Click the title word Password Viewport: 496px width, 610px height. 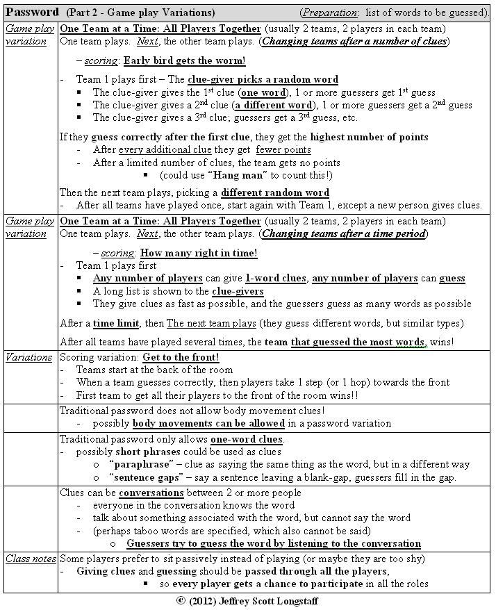click(x=33, y=13)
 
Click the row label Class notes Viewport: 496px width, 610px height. click(x=29, y=558)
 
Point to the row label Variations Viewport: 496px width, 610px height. click(x=28, y=357)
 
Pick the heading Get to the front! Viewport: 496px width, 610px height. click(x=181, y=357)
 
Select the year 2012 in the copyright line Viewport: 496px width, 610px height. click(x=203, y=602)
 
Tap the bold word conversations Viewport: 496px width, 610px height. click(x=151, y=493)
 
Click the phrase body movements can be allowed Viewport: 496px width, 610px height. click(x=208, y=423)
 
